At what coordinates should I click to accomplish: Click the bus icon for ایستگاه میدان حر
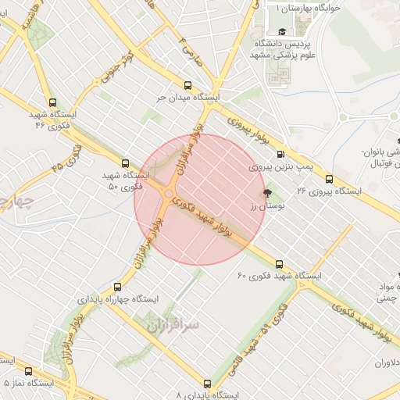[187, 85]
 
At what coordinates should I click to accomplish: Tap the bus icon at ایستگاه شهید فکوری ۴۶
[52, 102]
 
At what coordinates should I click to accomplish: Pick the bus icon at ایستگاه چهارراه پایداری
[118, 287]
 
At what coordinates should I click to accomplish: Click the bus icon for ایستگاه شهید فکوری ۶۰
[279, 263]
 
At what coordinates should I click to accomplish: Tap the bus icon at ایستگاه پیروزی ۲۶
[329, 178]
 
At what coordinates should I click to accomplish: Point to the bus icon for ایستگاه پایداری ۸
[207, 384]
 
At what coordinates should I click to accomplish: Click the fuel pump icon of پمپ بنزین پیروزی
[280, 153]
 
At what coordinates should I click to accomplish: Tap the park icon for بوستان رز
[267, 192]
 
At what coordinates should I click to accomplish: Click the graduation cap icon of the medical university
[281, 32]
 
